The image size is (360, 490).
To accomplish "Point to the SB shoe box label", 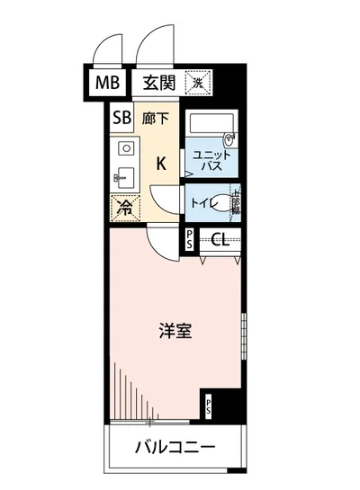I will click(x=121, y=117).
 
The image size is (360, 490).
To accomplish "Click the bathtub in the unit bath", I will click(x=208, y=125).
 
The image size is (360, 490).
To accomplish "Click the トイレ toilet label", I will click(x=201, y=203).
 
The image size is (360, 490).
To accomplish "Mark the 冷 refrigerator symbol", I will click(x=124, y=208).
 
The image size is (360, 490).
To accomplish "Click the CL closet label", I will click(x=221, y=239).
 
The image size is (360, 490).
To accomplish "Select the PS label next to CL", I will click(x=189, y=239).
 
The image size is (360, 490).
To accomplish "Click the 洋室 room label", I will click(x=175, y=330).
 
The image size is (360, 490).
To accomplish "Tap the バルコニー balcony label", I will click(x=175, y=448).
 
